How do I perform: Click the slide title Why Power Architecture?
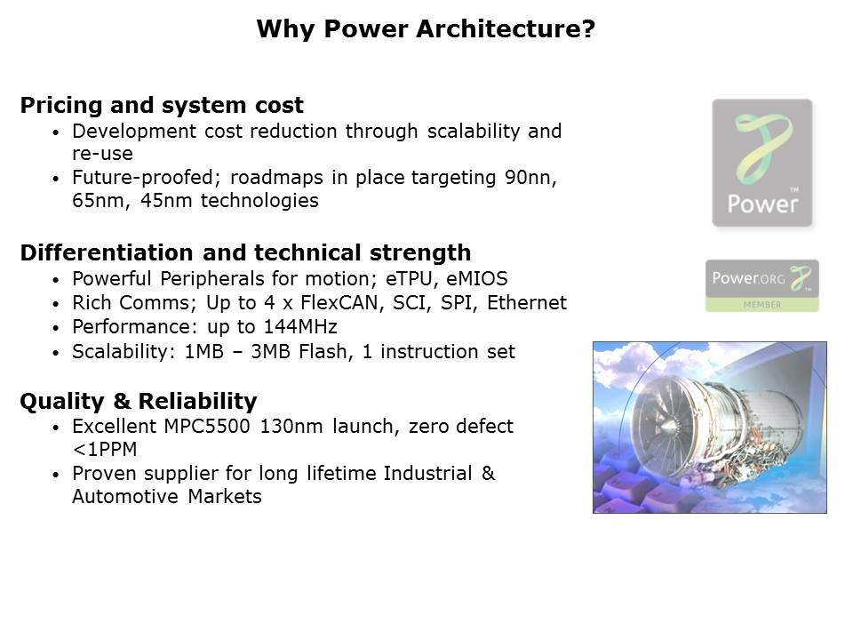tap(426, 28)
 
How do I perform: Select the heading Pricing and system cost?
tap(162, 105)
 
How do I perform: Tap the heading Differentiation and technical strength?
tap(245, 253)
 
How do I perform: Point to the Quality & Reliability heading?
tap(139, 401)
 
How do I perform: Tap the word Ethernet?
tap(527, 302)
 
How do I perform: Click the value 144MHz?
tap(300, 326)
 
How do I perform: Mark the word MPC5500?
tap(207, 426)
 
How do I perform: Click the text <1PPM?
tap(105, 450)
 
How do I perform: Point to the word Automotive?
tap(125, 496)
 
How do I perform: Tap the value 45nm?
tap(166, 201)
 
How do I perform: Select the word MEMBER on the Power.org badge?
tap(761, 305)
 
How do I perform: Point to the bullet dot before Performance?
tap(55, 328)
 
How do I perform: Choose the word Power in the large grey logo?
tap(762, 204)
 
